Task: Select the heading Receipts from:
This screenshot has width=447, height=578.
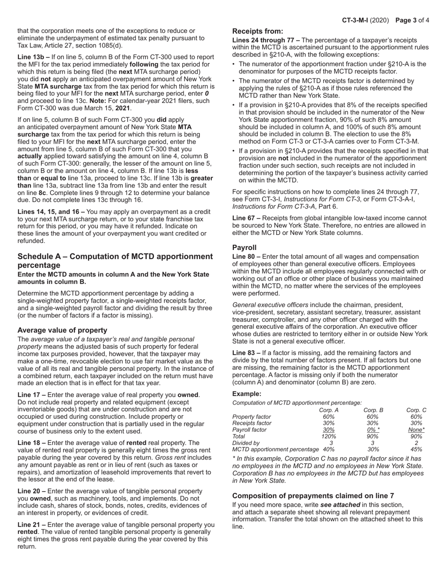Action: [258, 31]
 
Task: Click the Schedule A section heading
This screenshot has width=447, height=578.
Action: [115, 261]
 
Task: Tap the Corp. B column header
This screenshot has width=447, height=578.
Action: [373, 410]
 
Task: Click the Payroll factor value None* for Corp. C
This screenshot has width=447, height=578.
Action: [416, 430]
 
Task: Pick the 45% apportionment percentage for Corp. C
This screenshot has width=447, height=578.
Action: [416, 449]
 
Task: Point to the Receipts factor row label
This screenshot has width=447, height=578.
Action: [252, 423]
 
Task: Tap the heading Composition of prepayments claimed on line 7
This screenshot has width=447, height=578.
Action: [313, 496]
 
